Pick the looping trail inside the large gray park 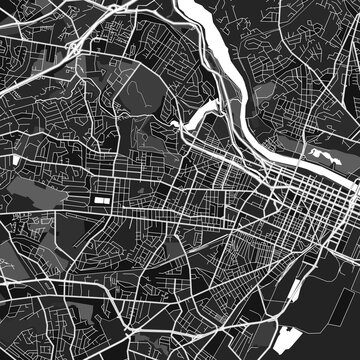[x=150, y=90]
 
